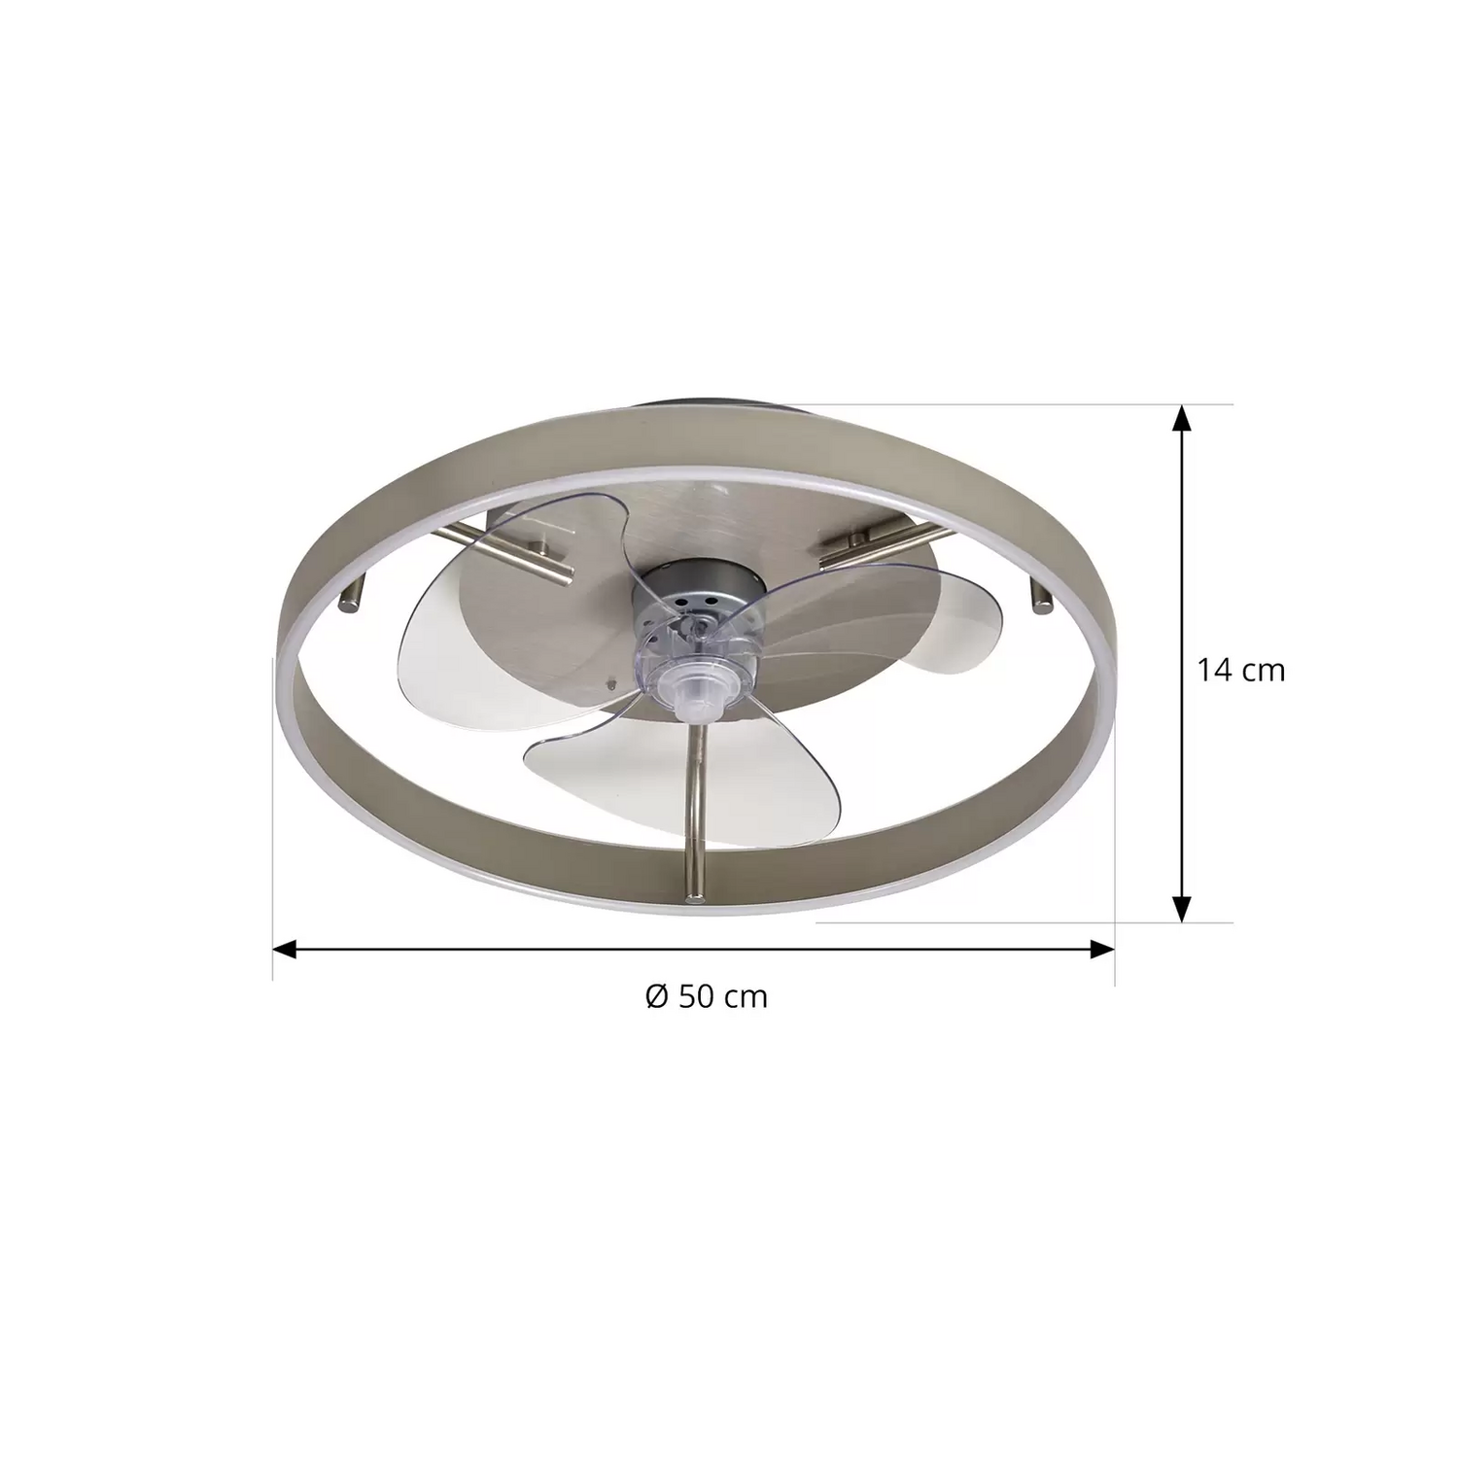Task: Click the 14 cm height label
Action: click(1240, 670)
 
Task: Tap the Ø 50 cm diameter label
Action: click(707, 996)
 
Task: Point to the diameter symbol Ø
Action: click(657, 996)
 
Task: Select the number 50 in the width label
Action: click(697, 996)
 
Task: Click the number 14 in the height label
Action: click(1214, 670)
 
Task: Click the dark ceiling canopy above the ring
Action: click(700, 413)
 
